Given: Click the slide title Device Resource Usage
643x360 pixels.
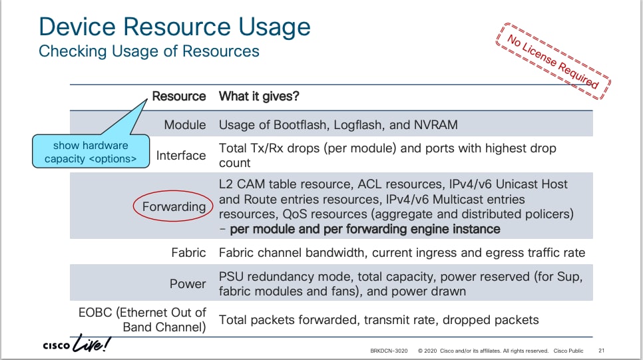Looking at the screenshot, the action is (x=174, y=27).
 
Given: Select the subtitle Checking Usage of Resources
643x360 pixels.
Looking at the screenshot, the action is (x=149, y=51).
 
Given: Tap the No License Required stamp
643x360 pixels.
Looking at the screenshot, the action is (x=553, y=61).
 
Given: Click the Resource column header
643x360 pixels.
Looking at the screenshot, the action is (x=179, y=96).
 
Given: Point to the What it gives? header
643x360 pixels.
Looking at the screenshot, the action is (x=259, y=96).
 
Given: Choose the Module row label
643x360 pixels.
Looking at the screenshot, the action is (x=185, y=124).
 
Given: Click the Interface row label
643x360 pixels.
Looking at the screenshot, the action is (x=181, y=156).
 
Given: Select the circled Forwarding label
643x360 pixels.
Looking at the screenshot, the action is (x=174, y=206).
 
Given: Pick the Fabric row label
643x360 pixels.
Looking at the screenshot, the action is (x=188, y=253).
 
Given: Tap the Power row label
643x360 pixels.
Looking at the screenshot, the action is (x=188, y=283).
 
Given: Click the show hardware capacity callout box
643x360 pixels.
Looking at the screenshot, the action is (x=91, y=151).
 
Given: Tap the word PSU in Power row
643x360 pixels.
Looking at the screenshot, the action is (x=231, y=276).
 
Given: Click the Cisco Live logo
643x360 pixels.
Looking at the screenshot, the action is (x=77, y=343).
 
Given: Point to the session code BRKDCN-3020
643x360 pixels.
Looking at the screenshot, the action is (x=389, y=351).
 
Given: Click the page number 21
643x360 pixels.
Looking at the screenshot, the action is (x=601, y=351).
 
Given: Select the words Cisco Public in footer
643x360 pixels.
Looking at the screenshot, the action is (x=568, y=351).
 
